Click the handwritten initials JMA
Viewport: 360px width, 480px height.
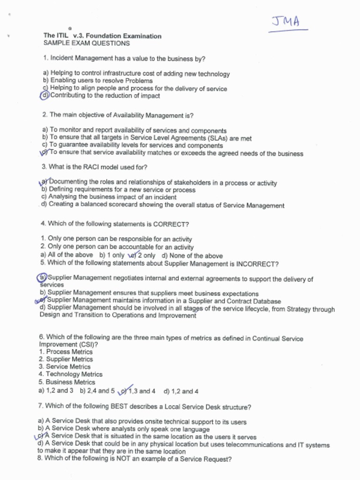click(x=286, y=22)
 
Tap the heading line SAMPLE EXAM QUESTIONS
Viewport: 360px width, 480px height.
click(x=87, y=43)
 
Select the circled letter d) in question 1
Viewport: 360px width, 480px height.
click(x=45, y=96)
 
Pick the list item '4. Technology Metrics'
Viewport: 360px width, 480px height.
click(x=71, y=374)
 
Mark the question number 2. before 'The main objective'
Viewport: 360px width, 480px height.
click(x=45, y=115)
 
